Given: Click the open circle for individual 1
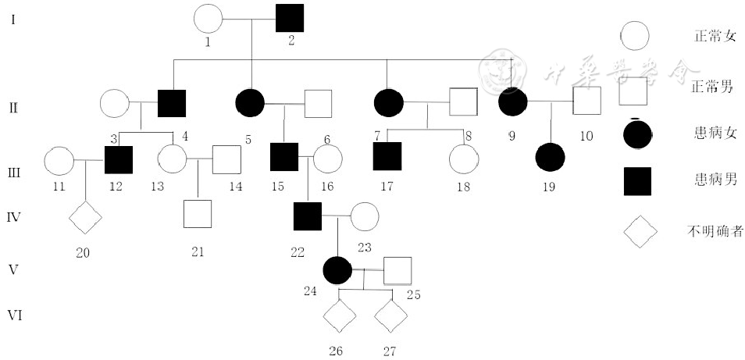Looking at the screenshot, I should [x=207, y=20].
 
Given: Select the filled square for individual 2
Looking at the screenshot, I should [x=290, y=18].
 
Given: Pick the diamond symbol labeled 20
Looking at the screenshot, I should [x=86, y=216].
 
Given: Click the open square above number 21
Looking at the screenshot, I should [x=198, y=214].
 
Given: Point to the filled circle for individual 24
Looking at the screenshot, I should [x=337, y=270].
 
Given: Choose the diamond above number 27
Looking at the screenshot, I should [x=390, y=316].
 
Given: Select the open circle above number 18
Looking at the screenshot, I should [x=463, y=159].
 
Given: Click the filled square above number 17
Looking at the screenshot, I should [x=387, y=156].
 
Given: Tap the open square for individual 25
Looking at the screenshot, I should [x=397, y=270].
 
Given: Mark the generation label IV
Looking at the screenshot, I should [x=13, y=215].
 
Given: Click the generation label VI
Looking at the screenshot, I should [x=14, y=315].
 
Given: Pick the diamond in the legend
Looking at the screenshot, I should [x=640, y=232].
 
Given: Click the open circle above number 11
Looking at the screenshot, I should [x=58, y=160].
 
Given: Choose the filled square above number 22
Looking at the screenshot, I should [x=308, y=216].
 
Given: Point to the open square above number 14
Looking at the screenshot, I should [x=226, y=160].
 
